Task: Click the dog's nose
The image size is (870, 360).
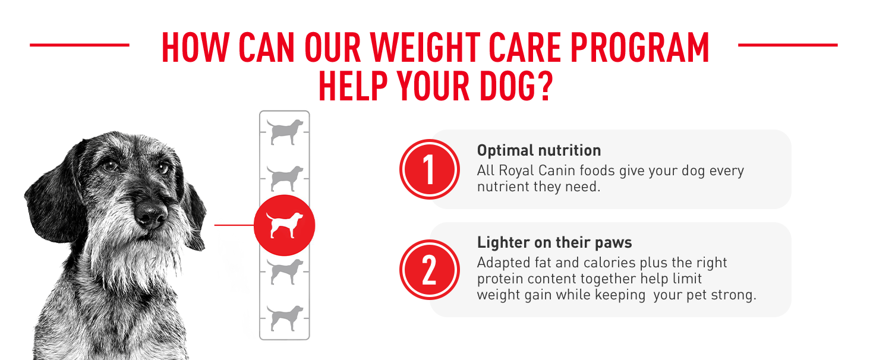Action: pyautogui.click(x=150, y=214)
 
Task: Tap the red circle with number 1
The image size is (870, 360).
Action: pyautogui.click(x=429, y=169)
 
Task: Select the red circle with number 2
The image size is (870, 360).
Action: pyautogui.click(x=429, y=270)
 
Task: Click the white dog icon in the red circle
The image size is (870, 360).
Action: pyautogui.click(x=284, y=225)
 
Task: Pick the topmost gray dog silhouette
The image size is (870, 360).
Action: pyautogui.click(x=285, y=132)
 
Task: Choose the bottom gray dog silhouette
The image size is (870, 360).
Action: pyautogui.click(x=285, y=318)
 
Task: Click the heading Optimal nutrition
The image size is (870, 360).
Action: pyautogui.click(x=539, y=150)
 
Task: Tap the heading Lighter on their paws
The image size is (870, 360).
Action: pyautogui.click(x=554, y=243)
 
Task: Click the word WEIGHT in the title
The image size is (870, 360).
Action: pyautogui.click(x=425, y=48)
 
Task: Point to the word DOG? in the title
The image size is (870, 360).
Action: pyautogui.click(x=516, y=86)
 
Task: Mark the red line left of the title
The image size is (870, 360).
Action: pyautogui.click(x=79, y=45)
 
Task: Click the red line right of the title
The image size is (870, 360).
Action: pyautogui.click(x=787, y=45)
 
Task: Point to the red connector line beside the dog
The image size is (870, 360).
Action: pyautogui.click(x=234, y=225)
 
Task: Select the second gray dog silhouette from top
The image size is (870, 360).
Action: pyautogui.click(x=285, y=178)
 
